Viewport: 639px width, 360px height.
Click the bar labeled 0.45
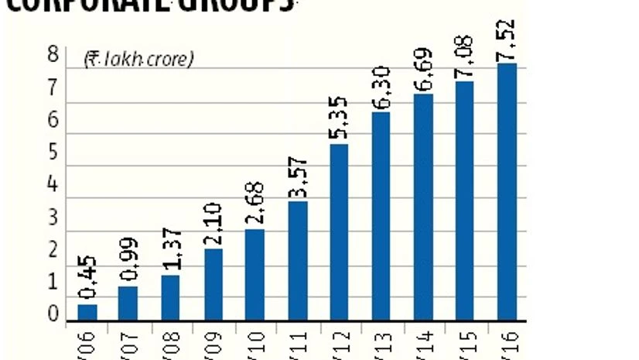pyautogui.click(x=87, y=312)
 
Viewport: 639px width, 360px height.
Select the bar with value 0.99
pyautogui.click(x=128, y=303)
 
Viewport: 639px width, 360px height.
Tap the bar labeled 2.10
pyautogui.click(x=214, y=284)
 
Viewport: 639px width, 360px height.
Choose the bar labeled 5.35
pyautogui.click(x=340, y=231)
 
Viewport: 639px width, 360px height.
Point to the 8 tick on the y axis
pyautogui.click(x=53, y=55)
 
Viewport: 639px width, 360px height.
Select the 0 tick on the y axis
pyautogui.click(x=53, y=314)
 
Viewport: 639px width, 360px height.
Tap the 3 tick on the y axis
pyautogui.click(x=53, y=217)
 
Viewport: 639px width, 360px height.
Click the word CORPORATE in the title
pyautogui.click(x=85, y=4)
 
